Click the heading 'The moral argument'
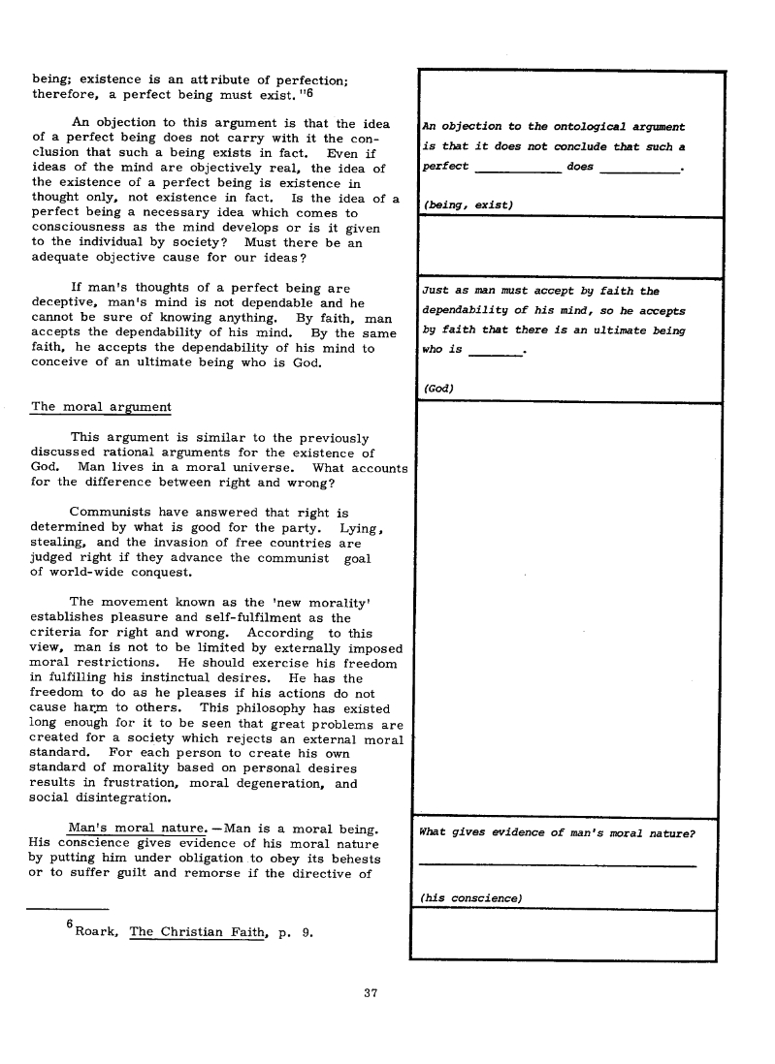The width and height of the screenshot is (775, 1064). [x=101, y=407]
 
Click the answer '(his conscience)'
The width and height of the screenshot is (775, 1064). [x=470, y=898]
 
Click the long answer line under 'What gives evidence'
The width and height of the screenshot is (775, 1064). [x=558, y=864]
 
